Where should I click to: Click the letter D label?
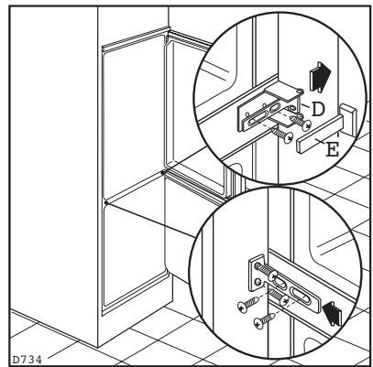pos(318,109)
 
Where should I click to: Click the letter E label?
pos(333,150)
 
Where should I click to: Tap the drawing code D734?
pos(27,360)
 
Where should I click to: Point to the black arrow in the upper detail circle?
pos(320,77)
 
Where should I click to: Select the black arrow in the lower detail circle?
pos(333,314)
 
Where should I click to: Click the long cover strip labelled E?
pos(320,135)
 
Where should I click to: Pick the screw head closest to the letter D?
pos(306,124)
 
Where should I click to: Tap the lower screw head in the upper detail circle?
pos(288,138)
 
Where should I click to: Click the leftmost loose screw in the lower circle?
pos(248,305)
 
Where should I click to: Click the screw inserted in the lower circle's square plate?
pos(267,272)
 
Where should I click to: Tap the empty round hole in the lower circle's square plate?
pos(258,281)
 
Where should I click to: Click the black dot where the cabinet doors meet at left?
pos(105,202)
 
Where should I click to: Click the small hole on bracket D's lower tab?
pos(292,108)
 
